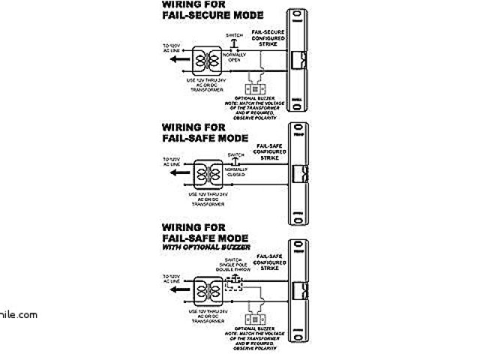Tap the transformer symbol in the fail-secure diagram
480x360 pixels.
pos(208,57)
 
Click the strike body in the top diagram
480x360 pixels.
pos(299,60)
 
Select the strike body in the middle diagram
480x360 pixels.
pos(299,174)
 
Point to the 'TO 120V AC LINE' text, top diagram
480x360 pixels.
pos(172,48)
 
